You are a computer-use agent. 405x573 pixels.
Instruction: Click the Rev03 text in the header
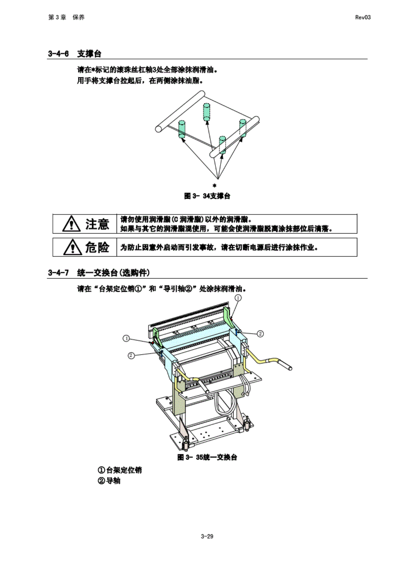[x=362, y=17]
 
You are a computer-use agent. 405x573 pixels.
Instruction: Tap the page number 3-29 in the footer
[x=207, y=536]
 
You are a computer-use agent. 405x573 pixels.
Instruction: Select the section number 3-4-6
[x=58, y=54]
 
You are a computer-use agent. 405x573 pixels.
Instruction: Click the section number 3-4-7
[x=58, y=273]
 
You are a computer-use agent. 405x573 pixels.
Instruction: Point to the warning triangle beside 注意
[x=71, y=224]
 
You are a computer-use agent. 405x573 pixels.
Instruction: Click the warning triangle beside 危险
[x=72, y=247]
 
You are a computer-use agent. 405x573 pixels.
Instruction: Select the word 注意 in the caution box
[x=97, y=224]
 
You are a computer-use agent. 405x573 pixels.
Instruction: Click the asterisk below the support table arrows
[x=214, y=185]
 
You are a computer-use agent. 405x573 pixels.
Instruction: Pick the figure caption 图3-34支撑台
[x=207, y=196]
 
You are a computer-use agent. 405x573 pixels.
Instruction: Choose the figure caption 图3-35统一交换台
[x=207, y=457]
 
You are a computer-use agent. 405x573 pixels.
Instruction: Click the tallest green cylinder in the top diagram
[x=207, y=112]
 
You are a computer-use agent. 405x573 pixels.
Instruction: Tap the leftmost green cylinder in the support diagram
[x=182, y=129]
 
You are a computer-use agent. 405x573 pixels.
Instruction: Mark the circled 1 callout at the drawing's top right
[x=238, y=298]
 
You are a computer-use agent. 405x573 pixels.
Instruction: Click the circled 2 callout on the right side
[x=260, y=333]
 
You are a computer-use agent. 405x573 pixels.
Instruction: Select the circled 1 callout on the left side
[x=126, y=338]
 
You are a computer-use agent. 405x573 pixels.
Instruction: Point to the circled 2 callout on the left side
[x=131, y=356]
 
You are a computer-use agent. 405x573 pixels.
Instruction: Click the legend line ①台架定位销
[x=120, y=470]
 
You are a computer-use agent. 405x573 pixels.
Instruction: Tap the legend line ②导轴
[x=109, y=481]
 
